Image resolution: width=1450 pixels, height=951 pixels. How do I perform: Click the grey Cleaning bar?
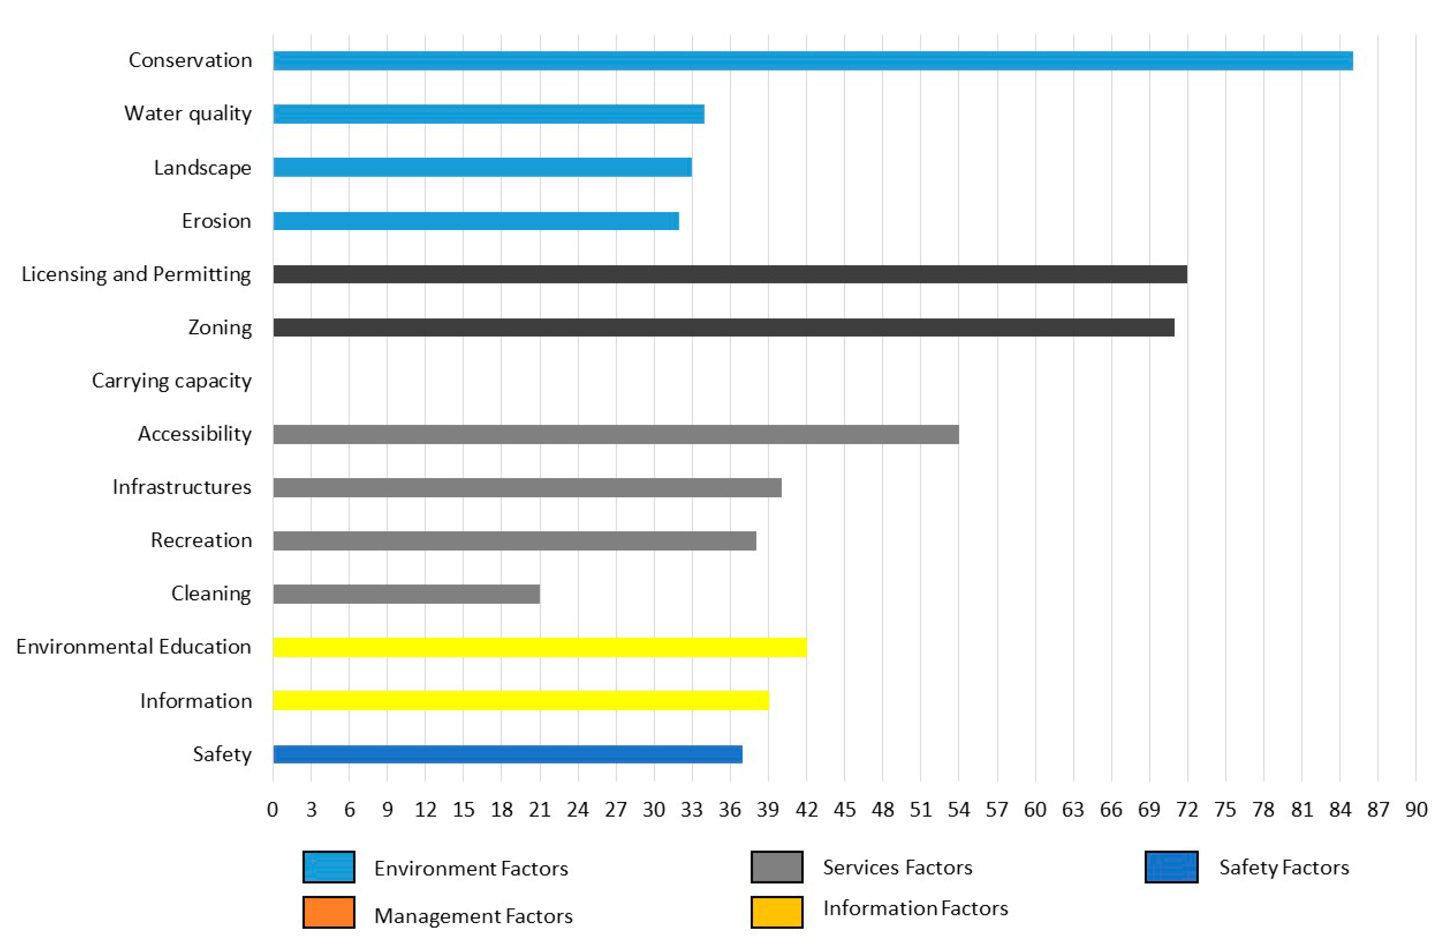(x=406, y=594)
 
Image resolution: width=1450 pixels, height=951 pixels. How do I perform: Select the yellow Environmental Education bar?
(x=539, y=647)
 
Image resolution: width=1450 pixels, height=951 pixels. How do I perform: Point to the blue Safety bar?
(x=507, y=754)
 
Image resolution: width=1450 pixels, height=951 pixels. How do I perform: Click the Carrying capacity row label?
(x=171, y=381)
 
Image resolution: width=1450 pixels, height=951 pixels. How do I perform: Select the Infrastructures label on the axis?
(x=182, y=487)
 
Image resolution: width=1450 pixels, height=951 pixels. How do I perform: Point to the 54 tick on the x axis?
(x=958, y=809)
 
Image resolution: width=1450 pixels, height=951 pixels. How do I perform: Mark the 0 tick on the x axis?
(x=272, y=809)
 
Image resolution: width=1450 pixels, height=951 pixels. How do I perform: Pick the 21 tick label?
(x=539, y=809)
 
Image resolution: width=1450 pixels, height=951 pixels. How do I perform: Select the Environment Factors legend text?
(x=471, y=868)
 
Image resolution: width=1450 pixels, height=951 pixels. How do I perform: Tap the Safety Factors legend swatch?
(x=1171, y=867)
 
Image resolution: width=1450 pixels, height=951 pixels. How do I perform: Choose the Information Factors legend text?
(x=915, y=909)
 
